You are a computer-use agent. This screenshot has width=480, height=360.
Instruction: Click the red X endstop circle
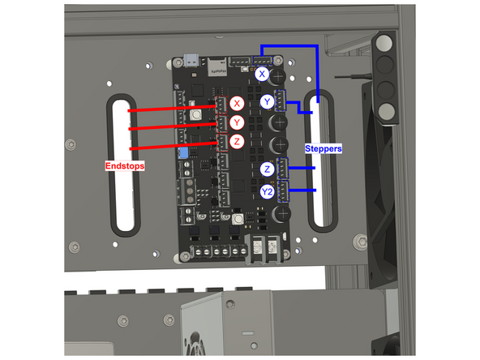[236, 104]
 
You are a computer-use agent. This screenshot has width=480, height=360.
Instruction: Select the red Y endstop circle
[236, 122]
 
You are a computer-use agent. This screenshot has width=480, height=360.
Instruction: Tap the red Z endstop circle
[236, 141]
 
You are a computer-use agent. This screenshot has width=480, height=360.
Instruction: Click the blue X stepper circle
[262, 75]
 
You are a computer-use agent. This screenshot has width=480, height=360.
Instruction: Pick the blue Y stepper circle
[268, 101]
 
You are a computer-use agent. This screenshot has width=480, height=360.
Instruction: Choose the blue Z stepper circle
[268, 169]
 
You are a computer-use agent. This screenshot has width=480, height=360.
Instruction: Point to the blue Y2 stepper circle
[268, 191]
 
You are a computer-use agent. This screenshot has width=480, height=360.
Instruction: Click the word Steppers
[324, 149]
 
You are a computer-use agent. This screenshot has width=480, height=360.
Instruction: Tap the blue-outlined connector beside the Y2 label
[284, 191]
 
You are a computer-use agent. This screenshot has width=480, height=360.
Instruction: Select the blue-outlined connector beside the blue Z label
[284, 168]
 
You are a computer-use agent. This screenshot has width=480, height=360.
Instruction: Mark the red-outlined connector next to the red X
[218, 105]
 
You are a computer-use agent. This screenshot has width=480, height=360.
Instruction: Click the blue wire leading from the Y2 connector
[303, 191]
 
